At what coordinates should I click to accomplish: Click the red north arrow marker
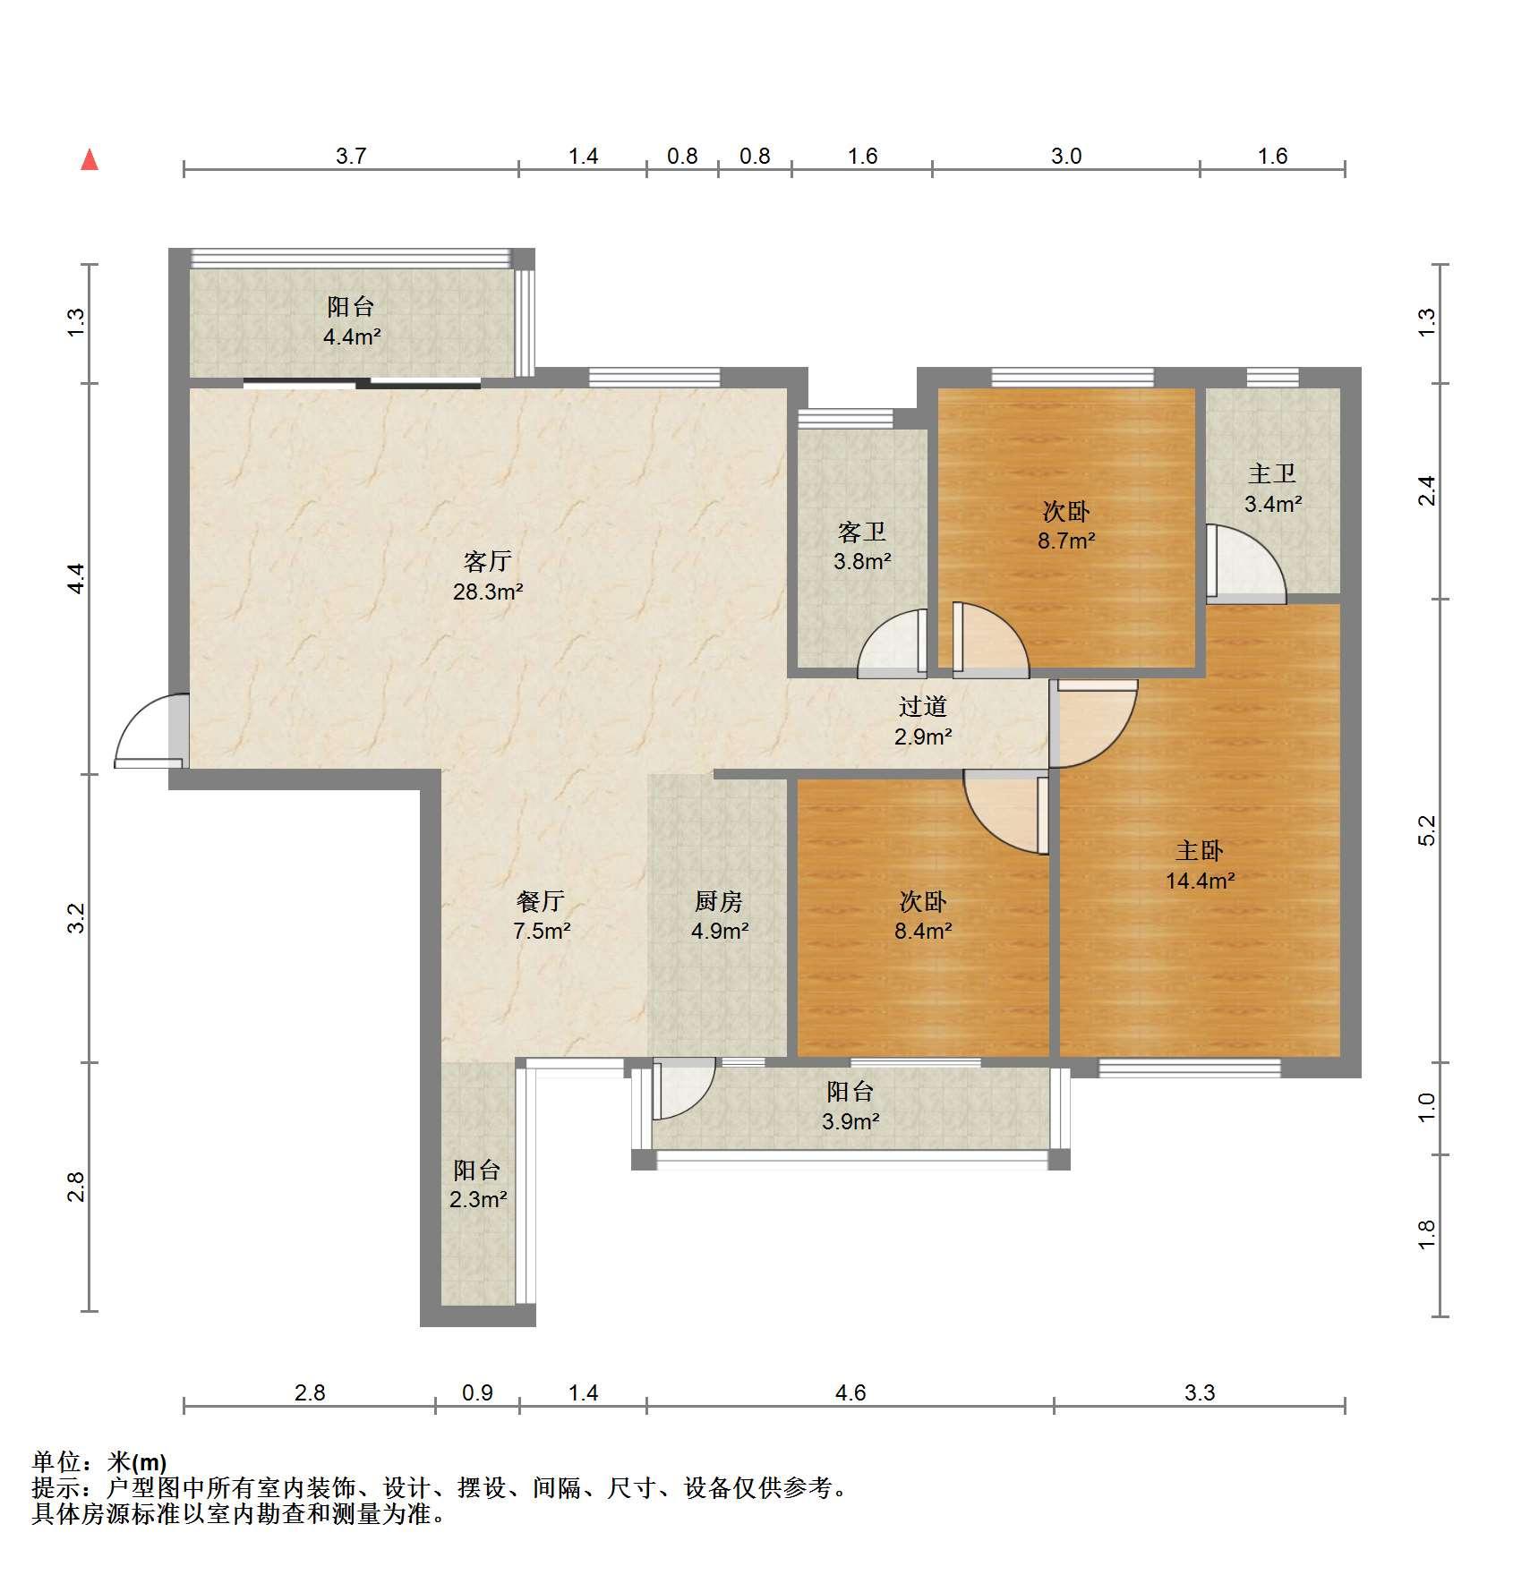(90, 160)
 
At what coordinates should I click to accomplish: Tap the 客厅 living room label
(488, 562)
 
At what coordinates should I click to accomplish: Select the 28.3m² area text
(488, 592)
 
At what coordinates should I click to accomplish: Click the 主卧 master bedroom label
(1200, 851)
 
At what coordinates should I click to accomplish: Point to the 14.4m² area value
(1200, 881)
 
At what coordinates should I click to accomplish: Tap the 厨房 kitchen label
(719, 902)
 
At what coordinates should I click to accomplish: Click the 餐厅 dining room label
(541, 902)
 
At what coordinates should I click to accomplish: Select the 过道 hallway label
(923, 707)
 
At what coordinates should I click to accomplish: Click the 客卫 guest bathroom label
(862, 532)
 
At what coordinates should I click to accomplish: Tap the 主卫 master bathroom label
(1272, 474)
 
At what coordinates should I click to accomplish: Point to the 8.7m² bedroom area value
(1066, 541)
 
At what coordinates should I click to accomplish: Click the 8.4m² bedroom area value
(923, 931)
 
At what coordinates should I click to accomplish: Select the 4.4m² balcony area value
(352, 337)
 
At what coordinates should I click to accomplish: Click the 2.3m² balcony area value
(478, 1199)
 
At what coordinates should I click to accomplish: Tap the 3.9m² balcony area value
(850, 1120)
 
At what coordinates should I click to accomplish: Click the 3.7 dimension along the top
(351, 157)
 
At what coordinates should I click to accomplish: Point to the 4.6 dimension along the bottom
(850, 1393)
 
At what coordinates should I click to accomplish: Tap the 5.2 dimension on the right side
(1427, 830)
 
